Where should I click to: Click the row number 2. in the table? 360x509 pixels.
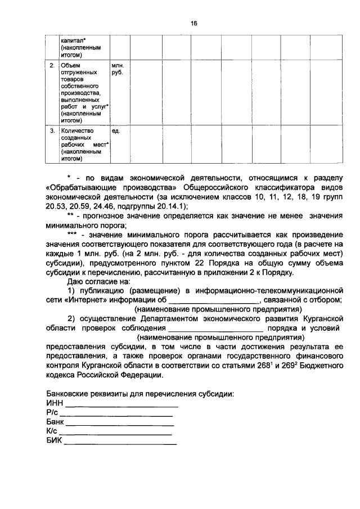coord(51,66)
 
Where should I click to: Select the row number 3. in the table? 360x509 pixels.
coord(51,130)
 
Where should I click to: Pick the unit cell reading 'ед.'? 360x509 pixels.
coord(115,130)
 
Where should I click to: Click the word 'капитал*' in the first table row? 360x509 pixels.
coord(73,41)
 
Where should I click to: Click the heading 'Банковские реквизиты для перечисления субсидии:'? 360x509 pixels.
coord(139,394)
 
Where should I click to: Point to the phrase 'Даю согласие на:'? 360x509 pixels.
coord(98,281)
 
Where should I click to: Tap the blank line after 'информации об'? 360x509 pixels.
coord(217,300)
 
